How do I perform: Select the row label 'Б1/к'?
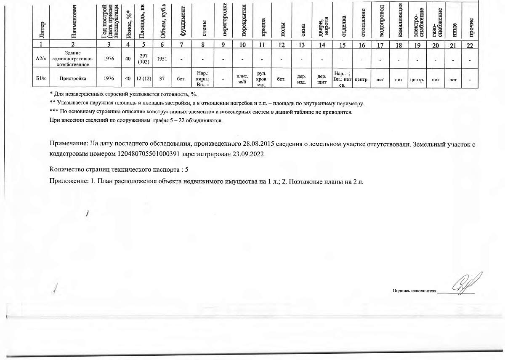41,78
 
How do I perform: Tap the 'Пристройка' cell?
73,78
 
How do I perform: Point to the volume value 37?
162,78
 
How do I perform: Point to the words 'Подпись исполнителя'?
415,291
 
